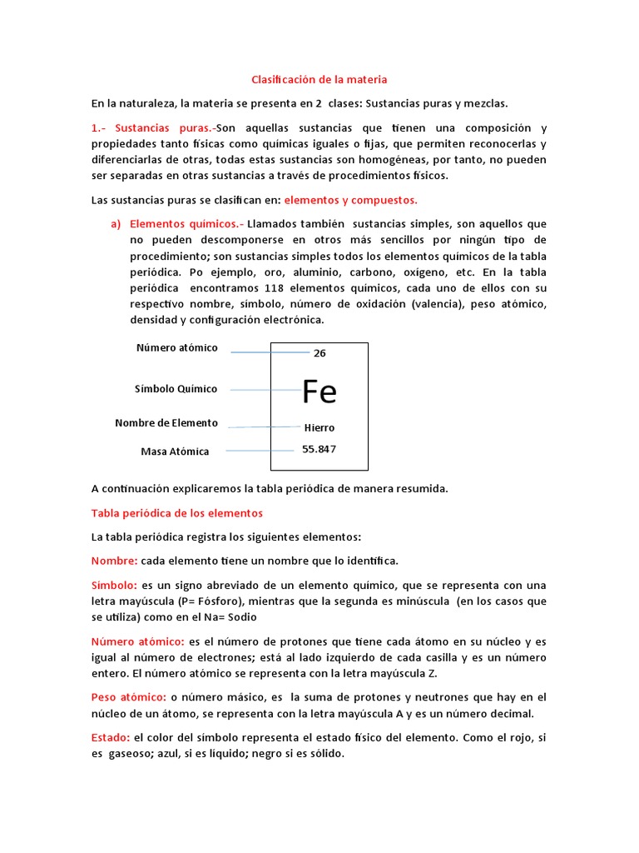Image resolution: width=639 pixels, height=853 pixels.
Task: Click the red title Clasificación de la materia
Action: pos(319,80)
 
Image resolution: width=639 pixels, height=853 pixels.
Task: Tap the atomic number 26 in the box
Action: pos(319,353)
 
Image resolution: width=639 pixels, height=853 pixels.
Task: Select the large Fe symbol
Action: pos(319,391)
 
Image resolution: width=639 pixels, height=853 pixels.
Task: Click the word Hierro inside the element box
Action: pos(319,427)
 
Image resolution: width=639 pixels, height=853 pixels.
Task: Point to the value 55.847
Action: pos(319,449)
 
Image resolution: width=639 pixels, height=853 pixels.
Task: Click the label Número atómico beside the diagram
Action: pos(177,348)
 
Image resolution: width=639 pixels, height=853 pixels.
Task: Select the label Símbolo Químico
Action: pos(176,389)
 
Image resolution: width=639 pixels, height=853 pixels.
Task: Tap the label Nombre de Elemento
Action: pos(166,423)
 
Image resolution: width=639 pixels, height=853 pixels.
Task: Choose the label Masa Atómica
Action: pos(175,451)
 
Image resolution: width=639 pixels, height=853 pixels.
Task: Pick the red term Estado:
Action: pos(111,738)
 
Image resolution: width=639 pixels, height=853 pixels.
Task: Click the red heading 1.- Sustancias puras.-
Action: pos(154,128)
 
